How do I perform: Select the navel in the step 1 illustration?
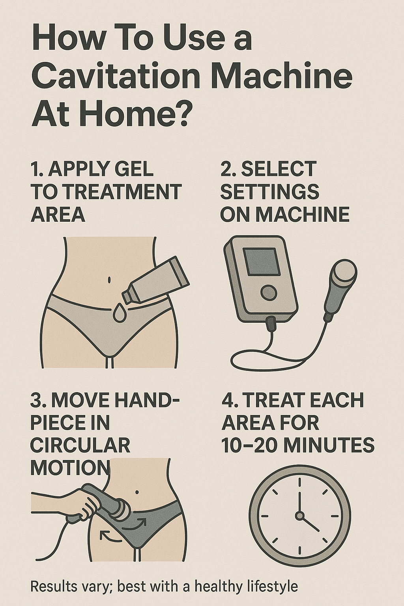(x=109, y=280)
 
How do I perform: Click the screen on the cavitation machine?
(x=260, y=262)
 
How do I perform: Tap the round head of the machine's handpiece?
(x=345, y=273)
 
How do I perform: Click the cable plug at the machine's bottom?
(x=271, y=324)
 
